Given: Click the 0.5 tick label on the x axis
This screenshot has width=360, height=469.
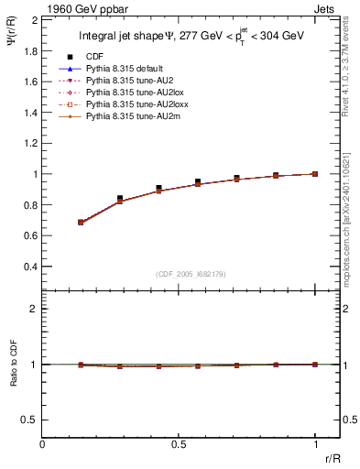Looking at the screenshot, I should [x=179, y=443].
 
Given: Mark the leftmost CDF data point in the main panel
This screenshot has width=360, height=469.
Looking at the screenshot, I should [x=82, y=222].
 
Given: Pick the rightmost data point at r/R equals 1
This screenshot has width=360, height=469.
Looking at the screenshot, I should [x=315, y=173].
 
